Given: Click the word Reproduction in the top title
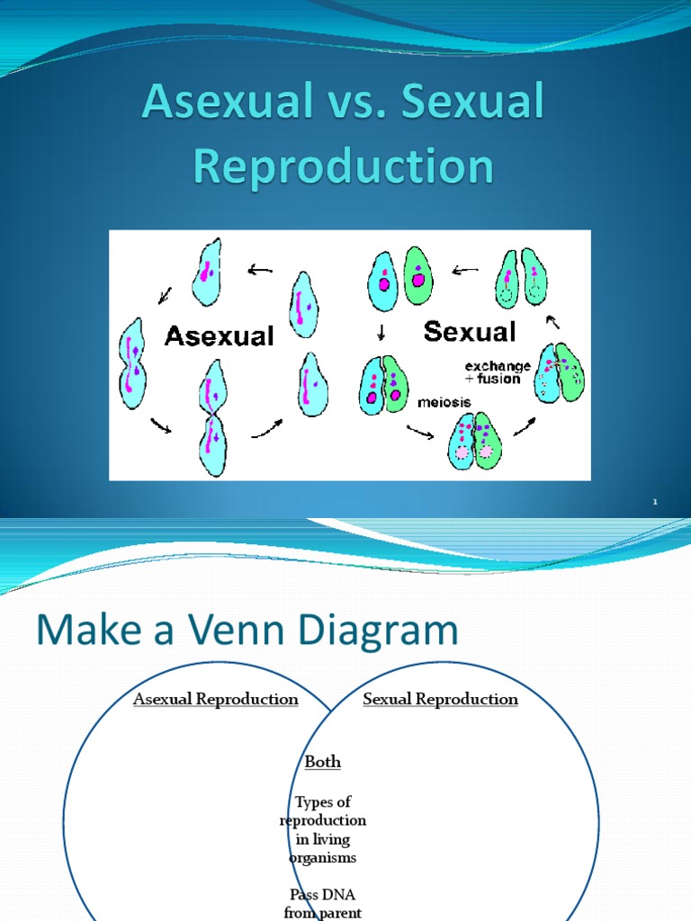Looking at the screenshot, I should click(x=345, y=167).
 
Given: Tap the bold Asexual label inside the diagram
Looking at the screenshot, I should click(x=219, y=336).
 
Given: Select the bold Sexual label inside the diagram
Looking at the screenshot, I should click(x=470, y=332).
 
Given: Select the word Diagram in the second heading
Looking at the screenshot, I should click(x=374, y=630).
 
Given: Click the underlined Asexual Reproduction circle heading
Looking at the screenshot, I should click(x=215, y=699).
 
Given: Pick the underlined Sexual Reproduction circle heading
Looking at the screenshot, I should click(x=440, y=699).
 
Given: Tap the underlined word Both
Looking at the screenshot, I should click(x=323, y=762).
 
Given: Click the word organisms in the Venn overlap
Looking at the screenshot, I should click(x=323, y=857).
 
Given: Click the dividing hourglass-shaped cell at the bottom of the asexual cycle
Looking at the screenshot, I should click(x=214, y=418).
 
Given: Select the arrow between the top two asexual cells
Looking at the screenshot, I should click(x=260, y=268).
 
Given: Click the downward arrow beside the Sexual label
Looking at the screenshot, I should click(x=381, y=333).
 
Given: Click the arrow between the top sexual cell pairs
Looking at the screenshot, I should click(x=466, y=268).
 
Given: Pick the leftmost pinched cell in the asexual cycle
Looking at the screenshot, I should click(x=133, y=362).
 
